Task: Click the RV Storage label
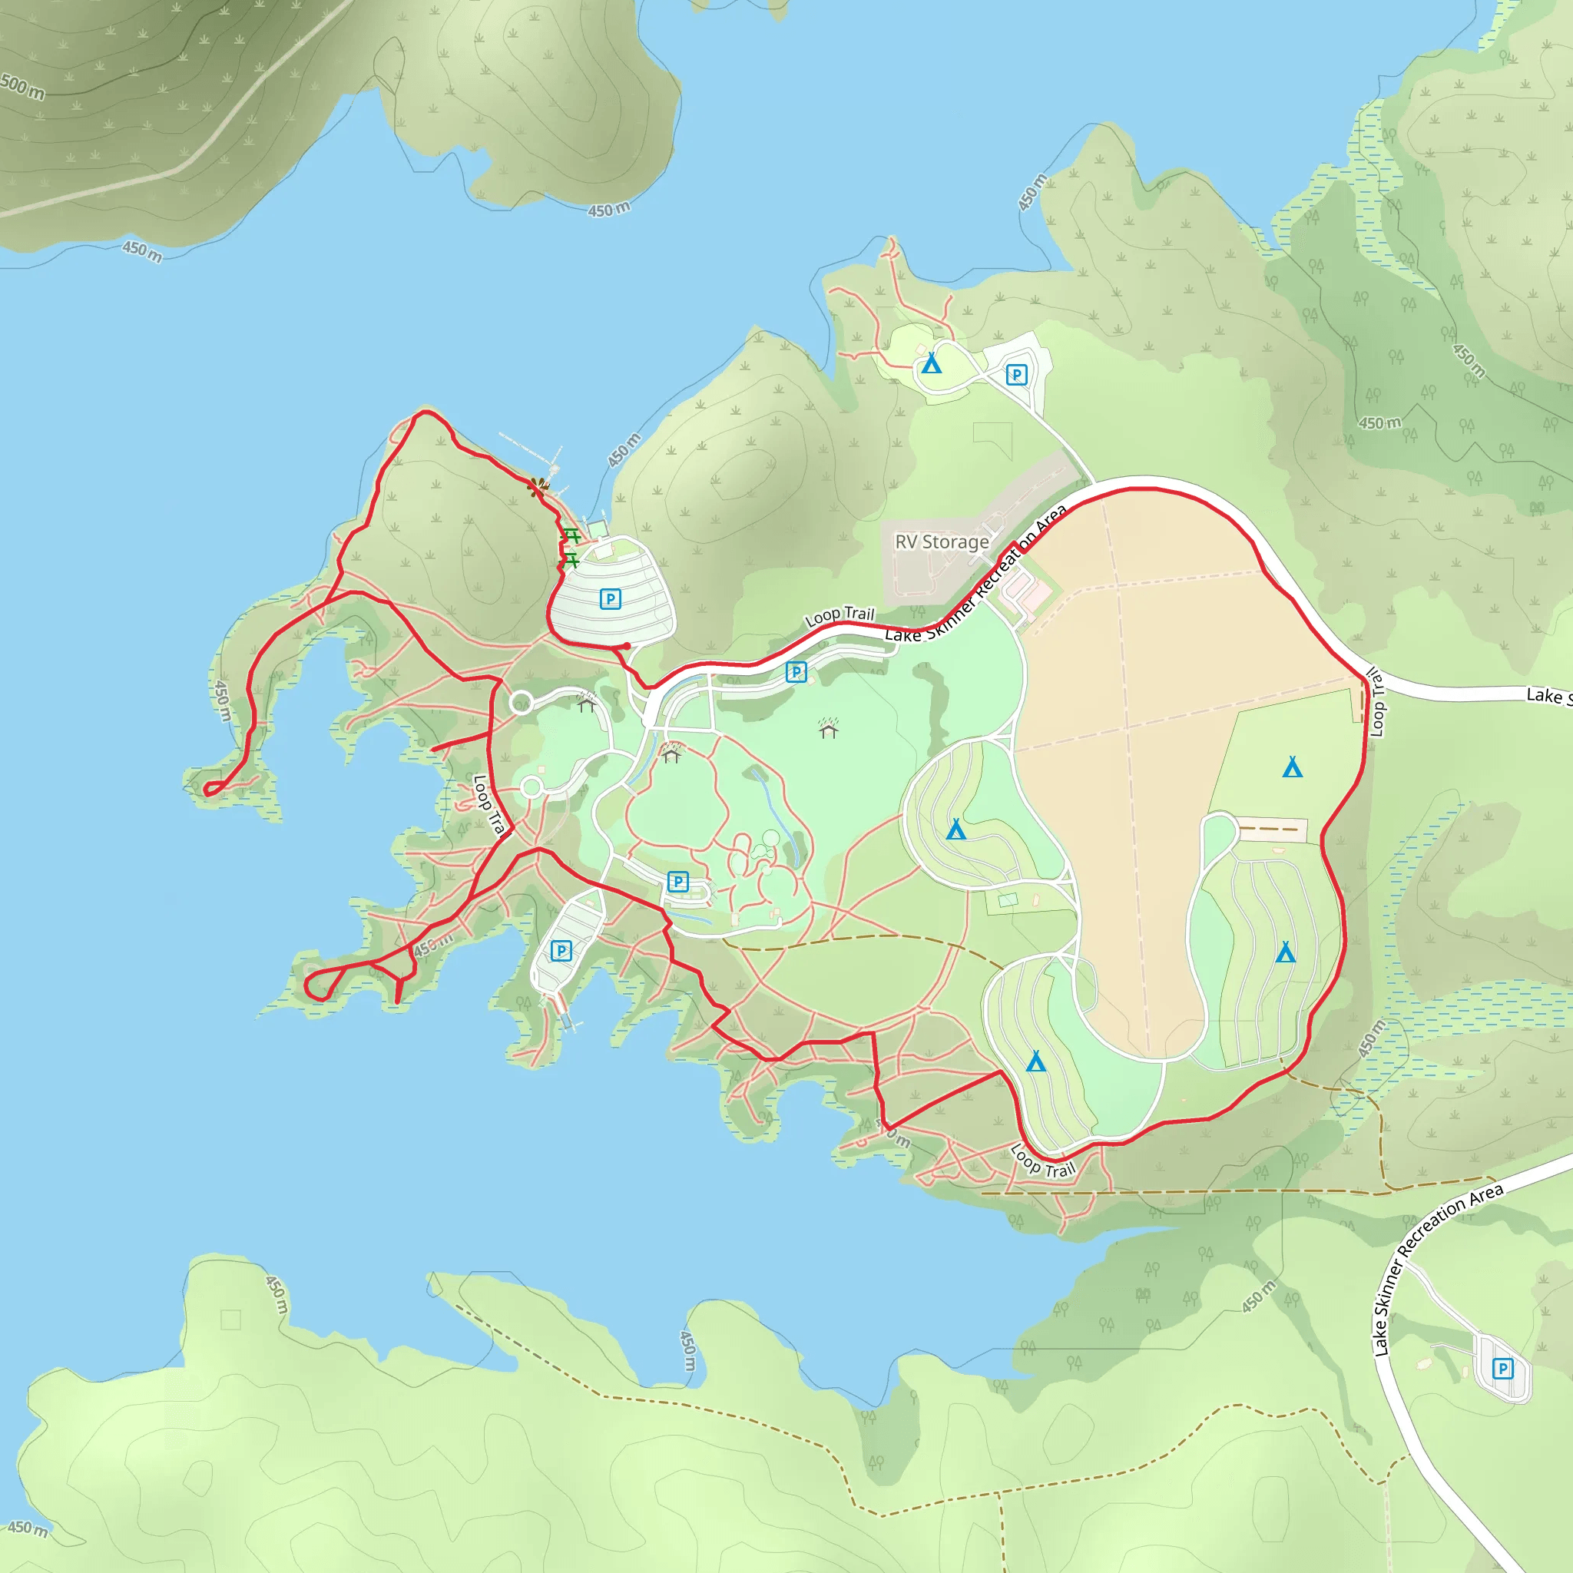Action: [x=942, y=541]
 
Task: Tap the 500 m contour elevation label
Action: [x=22, y=85]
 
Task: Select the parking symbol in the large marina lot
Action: [x=610, y=599]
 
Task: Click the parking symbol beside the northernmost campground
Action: [x=1016, y=375]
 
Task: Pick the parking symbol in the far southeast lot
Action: [x=1503, y=1369]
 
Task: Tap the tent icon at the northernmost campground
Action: [x=932, y=363]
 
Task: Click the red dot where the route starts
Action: [x=627, y=647]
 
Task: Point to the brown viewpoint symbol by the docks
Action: [x=538, y=487]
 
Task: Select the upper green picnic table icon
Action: [x=572, y=536]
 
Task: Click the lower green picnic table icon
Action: [x=570, y=560]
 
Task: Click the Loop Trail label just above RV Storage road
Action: [x=839, y=616]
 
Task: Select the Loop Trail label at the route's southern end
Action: [x=1043, y=1161]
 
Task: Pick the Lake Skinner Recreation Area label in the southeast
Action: [x=1437, y=1271]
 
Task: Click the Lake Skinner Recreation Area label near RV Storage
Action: [x=977, y=574]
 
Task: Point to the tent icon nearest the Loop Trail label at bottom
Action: [x=1035, y=1061]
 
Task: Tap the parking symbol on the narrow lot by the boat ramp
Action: [x=561, y=950]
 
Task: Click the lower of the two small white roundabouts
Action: [x=531, y=787]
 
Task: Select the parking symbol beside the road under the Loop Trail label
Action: [x=796, y=672]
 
